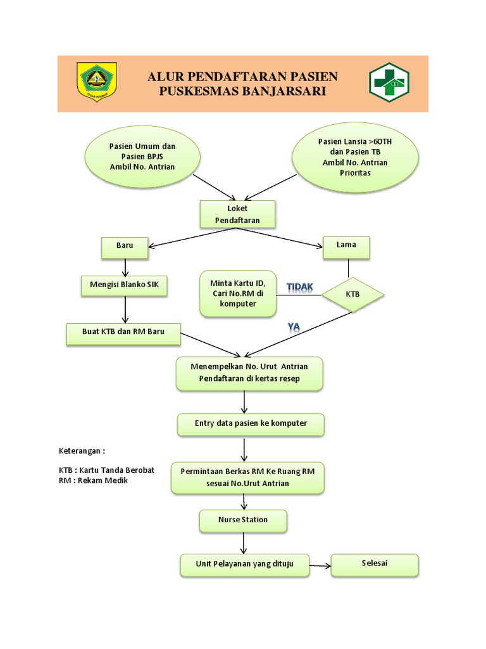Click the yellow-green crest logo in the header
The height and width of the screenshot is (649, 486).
[97, 80]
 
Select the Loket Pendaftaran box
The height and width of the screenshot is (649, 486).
[237, 214]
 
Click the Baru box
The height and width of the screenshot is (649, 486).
[125, 247]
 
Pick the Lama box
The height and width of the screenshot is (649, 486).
[347, 247]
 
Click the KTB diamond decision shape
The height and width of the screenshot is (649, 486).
[352, 295]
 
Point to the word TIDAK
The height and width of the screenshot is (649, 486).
[300, 288]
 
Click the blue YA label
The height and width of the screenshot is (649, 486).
[294, 327]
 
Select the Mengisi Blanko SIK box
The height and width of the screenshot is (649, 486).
[124, 286]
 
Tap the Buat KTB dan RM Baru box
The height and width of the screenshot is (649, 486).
[123, 333]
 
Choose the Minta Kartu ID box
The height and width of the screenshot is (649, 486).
[238, 293]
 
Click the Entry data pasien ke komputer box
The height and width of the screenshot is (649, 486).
[251, 424]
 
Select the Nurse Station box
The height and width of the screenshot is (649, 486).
[243, 521]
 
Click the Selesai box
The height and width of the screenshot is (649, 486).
[375, 564]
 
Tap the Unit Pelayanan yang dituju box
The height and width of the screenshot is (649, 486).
[245, 565]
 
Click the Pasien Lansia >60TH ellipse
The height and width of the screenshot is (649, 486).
[354, 157]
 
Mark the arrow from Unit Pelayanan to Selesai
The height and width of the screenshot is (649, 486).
[320, 564]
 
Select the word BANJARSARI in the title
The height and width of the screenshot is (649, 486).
[288, 92]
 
